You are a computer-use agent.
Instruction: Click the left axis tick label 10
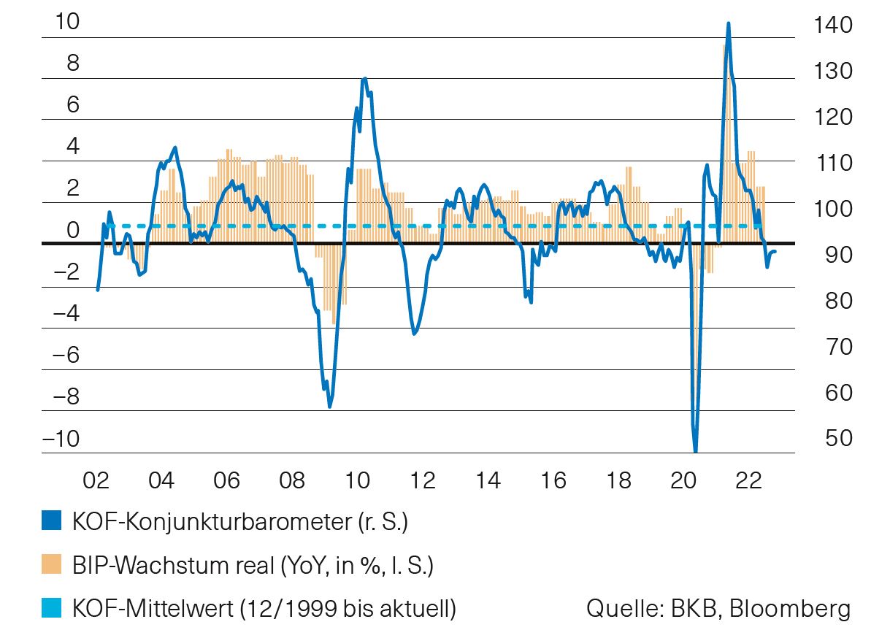click(x=67, y=22)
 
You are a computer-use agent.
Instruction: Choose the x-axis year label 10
click(x=358, y=481)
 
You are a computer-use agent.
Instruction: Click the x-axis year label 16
click(x=553, y=481)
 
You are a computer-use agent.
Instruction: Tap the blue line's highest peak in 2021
click(x=728, y=23)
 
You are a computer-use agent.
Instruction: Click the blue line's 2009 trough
click(x=330, y=407)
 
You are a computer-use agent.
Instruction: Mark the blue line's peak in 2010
click(x=364, y=78)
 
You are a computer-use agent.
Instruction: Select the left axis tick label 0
click(x=73, y=231)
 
